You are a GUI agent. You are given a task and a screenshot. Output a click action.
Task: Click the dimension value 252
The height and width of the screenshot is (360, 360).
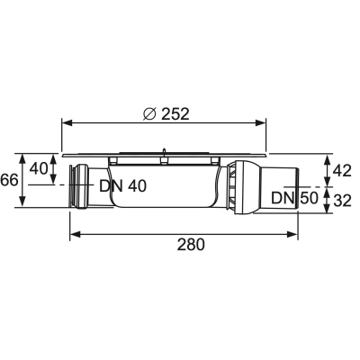(175, 114)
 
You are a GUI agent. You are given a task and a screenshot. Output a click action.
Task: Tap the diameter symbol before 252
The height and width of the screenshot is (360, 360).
(149, 114)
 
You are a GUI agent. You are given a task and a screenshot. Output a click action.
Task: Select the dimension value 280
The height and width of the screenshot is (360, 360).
(191, 244)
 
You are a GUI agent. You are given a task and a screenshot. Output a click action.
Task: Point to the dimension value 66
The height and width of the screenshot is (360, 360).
(9, 180)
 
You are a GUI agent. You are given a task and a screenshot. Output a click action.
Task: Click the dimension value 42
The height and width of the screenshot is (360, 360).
(342, 171)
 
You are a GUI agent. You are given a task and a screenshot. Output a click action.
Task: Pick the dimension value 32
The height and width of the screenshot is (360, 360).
(342, 201)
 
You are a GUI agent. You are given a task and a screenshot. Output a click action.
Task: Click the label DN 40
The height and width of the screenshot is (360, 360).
(123, 186)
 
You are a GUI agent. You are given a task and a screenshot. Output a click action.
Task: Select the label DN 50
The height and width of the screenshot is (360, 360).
(294, 198)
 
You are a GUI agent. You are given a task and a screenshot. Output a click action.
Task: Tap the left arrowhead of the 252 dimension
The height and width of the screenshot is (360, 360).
(67, 123)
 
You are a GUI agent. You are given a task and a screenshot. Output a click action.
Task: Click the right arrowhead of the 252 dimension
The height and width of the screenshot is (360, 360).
(260, 123)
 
